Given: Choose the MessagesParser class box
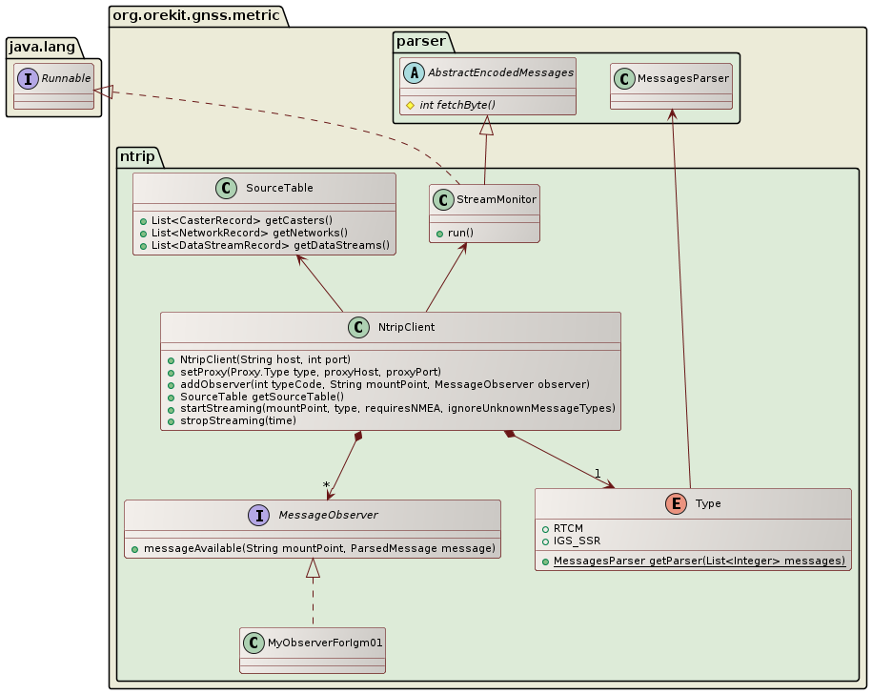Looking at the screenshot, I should tap(671, 86).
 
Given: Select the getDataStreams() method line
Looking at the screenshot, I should tap(270, 245).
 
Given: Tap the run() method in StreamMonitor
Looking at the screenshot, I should tap(461, 233).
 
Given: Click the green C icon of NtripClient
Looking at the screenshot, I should tap(358, 327).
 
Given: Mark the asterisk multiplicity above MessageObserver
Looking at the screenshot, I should tap(327, 486).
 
